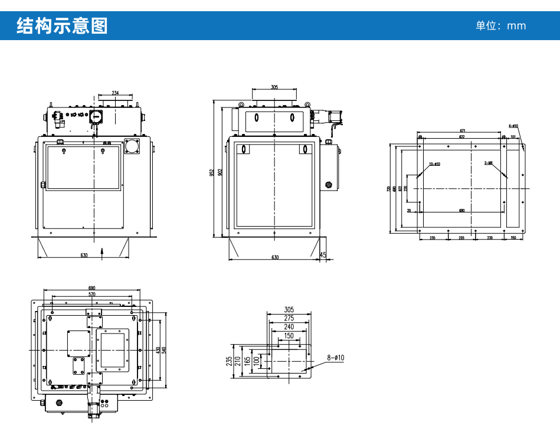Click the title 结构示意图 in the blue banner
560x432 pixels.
(62, 26)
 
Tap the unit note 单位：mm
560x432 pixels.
(500, 26)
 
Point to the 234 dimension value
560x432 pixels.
(115, 93)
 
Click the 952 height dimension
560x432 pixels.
(212, 172)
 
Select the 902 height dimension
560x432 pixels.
(220, 172)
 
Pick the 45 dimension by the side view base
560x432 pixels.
(323, 254)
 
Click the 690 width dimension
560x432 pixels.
(91, 288)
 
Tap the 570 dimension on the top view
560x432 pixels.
(91, 294)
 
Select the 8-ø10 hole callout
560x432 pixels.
(336, 358)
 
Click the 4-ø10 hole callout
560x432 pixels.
(513, 126)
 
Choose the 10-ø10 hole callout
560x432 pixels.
(435, 163)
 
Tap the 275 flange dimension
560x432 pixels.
(289, 318)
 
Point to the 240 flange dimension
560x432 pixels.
(289, 326)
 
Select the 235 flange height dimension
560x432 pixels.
(229, 360)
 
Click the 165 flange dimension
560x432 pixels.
(247, 360)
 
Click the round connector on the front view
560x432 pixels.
(132, 145)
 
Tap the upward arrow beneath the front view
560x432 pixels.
(103, 252)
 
